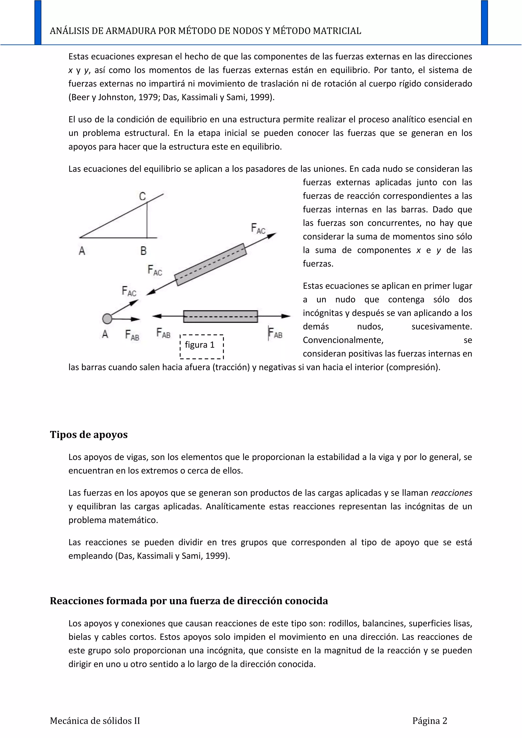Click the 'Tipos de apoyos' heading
pos(89,434)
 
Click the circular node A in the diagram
pos(107,319)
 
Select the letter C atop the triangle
pos(142,196)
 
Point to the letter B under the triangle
pos(143,251)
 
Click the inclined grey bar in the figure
pos(211,265)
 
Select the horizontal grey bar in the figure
pos(220,316)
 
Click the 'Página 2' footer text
pos(430,721)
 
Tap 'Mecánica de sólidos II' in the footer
pos(95,721)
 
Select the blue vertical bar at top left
pos(38,22)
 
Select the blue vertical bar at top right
pos(484,22)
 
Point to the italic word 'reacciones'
pos(451,493)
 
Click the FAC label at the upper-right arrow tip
pos(258,229)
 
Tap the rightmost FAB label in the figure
pos(276,333)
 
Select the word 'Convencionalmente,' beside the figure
pos(343,340)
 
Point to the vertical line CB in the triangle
pos(147,220)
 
